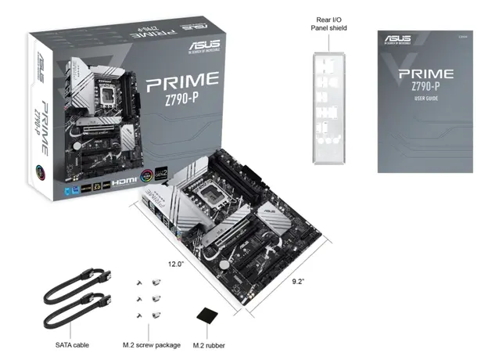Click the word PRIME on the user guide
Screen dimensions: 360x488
(425, 75)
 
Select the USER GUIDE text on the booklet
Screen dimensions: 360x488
(425, 100)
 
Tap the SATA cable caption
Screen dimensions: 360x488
(73, 344)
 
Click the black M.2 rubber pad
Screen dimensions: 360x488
(207, 315)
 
